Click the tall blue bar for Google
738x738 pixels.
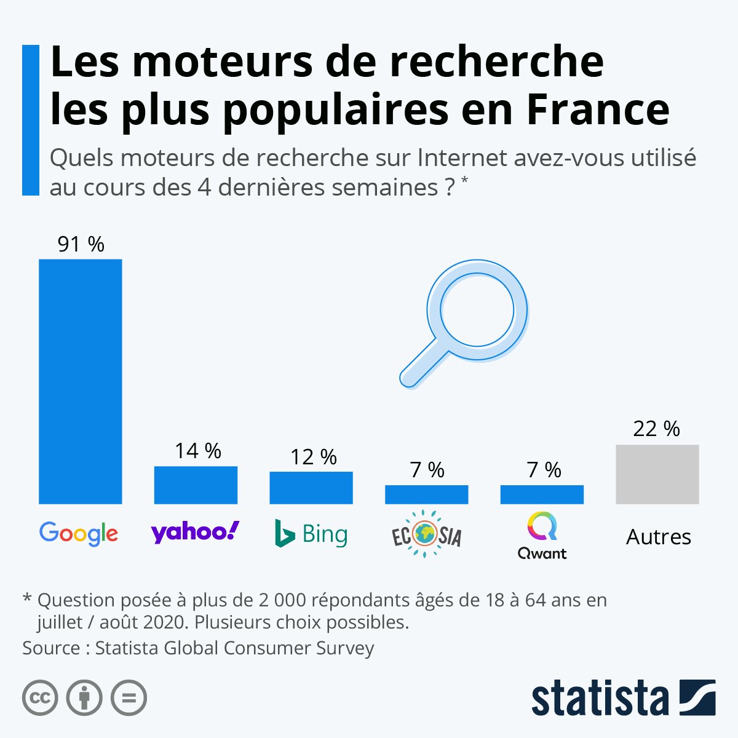pyautogui.click(x=80, y=381)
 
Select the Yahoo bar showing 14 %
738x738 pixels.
pyautogui.click(x=196, y=485)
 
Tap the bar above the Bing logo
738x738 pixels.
pyautogui.click(x=311, y=488)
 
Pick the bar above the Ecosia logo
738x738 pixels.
pyautogui.click(x=427, y=494)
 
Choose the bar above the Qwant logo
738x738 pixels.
pyautogui.click(x=542, y=494)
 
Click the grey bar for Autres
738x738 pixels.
pyautogui.click(x=657, y=474)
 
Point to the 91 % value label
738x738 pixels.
pyautogui.click(x=81, y=244)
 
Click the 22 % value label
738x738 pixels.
pyautogui.click(x=656, y=429)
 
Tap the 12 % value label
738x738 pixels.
pyautogui.click(x=313, y=457)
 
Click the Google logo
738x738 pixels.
pyautogui.click(x=79, y=533)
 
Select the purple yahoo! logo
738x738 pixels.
pyautogui.click(x=195, y=532)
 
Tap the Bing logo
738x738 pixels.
pyautogui.click(x=311, y=534)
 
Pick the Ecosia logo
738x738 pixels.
pyautogui.click(x=427, y=534)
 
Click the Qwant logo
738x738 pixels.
pyautogui.click(x=542, y=537)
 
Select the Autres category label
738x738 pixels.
pyautogui.click(x=658, y=537)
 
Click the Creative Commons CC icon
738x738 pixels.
pyautogui.click(x=40, y=698)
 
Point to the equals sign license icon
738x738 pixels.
pyautogui.click(x=129, y=698)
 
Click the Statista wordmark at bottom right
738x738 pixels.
pyautogui.click(x=600, y=698)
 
